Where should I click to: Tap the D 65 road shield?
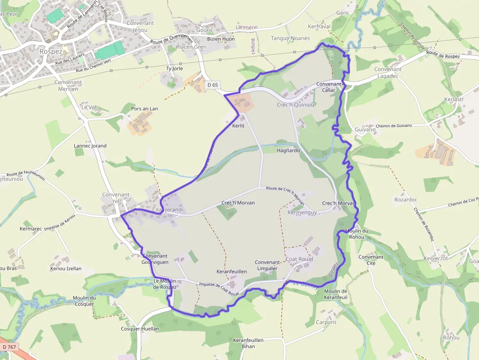(212, 85)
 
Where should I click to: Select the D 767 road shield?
(8, 346)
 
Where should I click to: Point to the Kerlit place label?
(238, 126)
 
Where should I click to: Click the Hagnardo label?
(288, 151)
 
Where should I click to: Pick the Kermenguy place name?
(303, 212)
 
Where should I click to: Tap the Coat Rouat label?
(299, 259)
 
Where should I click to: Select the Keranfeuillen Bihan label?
(248, 343)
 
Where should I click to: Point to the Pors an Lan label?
(145, 108)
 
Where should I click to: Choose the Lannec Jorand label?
(90, 146)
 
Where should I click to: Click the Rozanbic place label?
(406, 199)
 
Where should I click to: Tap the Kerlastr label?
(454, 99)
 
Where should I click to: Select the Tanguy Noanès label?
(290, 38)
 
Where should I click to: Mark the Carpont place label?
(326, 322)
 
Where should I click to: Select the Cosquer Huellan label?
(140, 329)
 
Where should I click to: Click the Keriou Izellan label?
(66, 269)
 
